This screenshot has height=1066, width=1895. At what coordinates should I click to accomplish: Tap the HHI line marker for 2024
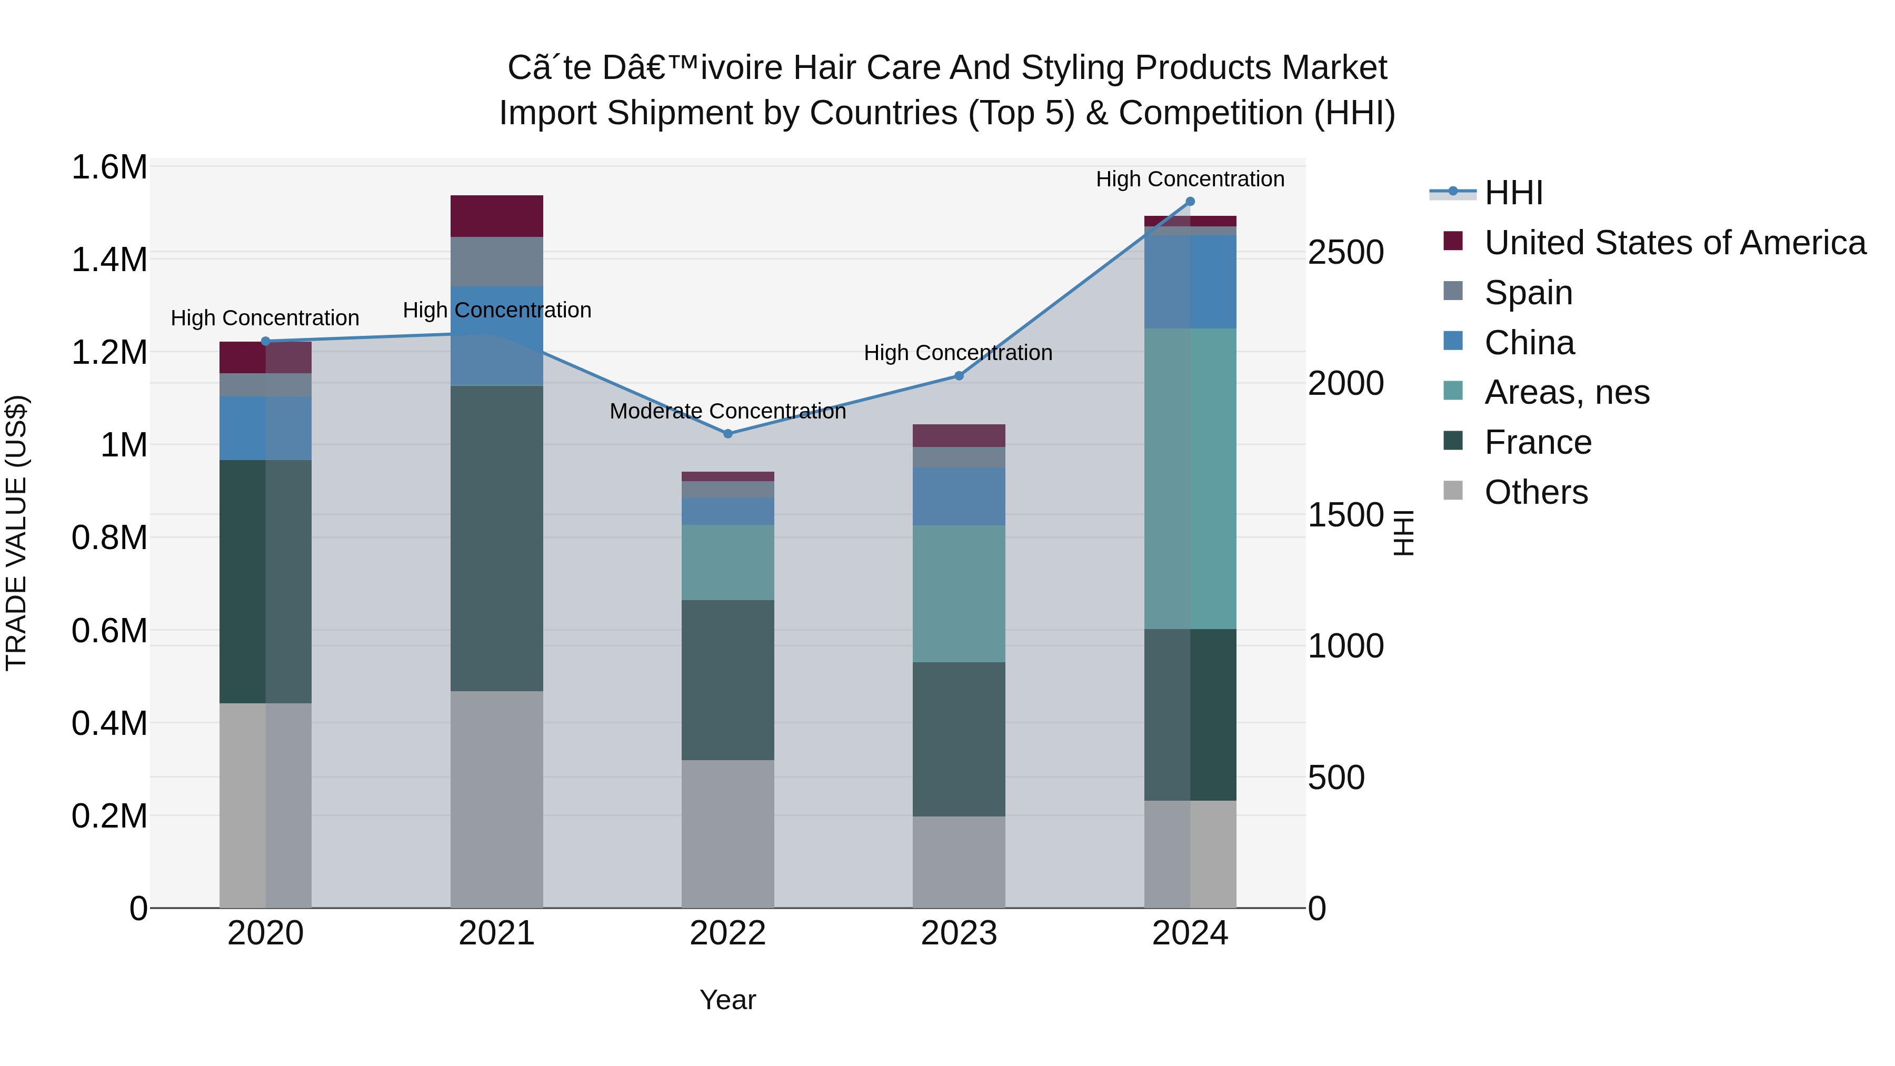point(1190,202)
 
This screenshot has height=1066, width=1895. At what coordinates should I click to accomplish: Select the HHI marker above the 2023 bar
point(959,376)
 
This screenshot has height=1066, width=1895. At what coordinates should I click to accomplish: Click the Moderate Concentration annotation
point(727,411)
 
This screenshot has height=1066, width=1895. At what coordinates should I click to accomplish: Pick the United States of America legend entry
point(1674,243)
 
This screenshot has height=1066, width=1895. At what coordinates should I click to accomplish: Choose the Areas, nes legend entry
point(1567,392)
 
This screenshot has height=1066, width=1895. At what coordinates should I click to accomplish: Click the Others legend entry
point(1536,492)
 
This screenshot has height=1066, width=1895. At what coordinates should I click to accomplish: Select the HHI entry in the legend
point(1513,193)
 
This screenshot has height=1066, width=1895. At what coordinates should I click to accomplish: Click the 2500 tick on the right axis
point(1345,252)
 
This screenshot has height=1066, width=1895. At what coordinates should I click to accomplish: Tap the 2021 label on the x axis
point(496,933)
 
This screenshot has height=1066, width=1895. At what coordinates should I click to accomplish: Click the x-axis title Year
point(727,1000)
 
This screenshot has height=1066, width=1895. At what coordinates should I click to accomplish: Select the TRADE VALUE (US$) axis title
point(16,533)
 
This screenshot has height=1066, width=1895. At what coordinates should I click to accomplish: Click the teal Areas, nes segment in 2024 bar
point(1190,478)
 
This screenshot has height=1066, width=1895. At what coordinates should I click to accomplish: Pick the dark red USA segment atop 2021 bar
point(496,215)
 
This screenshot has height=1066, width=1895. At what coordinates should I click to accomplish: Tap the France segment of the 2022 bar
point(727,680)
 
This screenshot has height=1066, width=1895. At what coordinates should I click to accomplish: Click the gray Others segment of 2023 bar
point(959,861)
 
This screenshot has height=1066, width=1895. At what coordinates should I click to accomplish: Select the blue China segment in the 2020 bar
point(266,428)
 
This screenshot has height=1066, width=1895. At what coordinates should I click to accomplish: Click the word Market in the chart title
point(1334,68)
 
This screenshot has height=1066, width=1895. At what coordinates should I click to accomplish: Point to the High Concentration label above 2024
point(1190,179)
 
